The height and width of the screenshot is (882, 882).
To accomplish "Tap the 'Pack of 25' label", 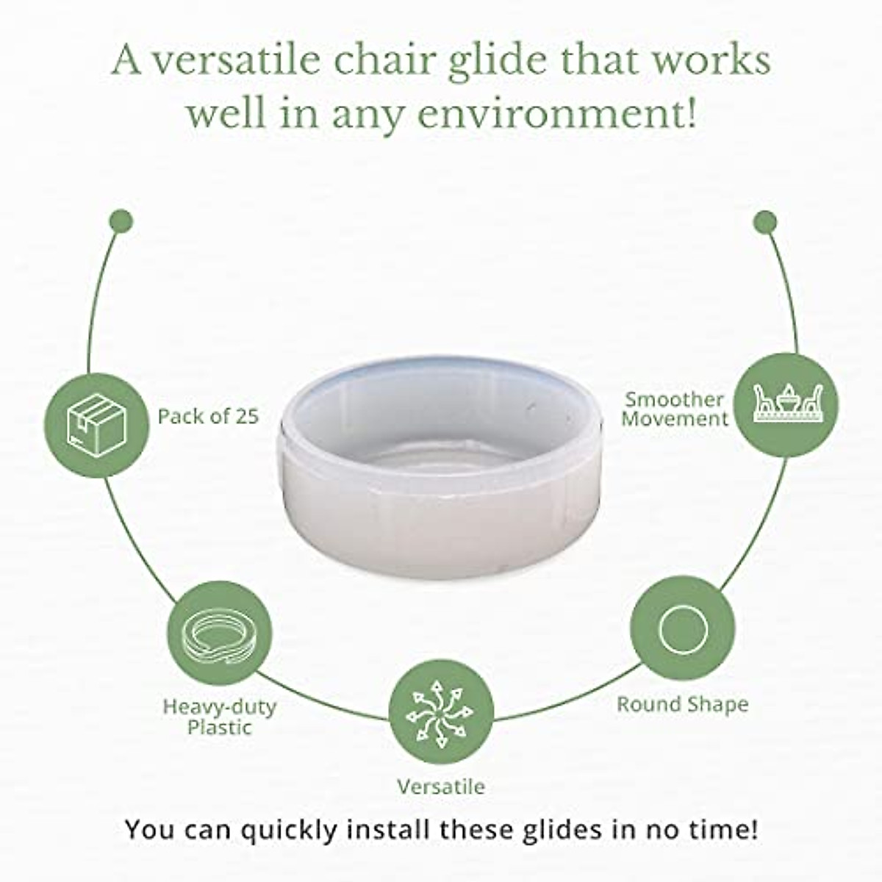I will coord(208,416).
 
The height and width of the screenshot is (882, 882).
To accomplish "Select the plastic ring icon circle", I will coord(220,633).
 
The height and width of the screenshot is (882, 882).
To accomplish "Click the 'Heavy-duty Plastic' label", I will coord(219,717).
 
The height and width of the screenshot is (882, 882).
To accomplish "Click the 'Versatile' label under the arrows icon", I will coord(441,786).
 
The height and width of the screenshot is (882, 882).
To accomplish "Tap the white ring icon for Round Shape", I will coord(683,629).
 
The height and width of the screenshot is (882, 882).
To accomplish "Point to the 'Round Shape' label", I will coord(682,704).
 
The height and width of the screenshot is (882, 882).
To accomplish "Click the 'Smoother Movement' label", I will coord(674,409).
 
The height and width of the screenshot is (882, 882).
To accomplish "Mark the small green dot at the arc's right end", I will coord(765,220).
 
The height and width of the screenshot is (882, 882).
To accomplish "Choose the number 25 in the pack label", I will coord(247,416).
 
